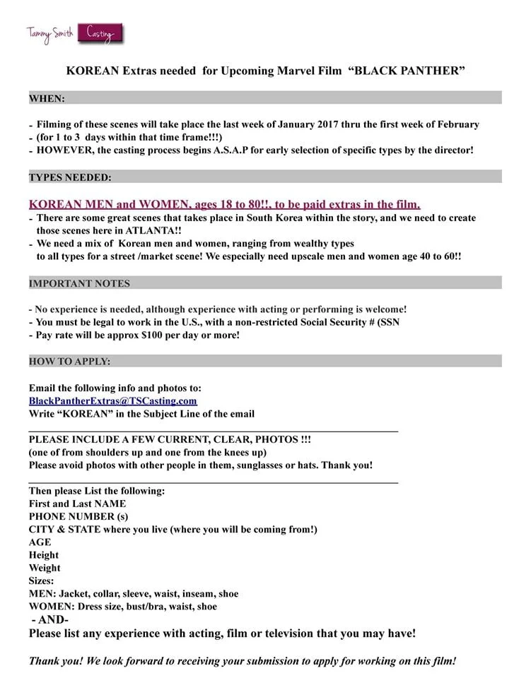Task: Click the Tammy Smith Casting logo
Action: [x=71, y=33]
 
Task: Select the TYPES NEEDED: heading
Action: [x=70, y=177]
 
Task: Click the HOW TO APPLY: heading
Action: [x=69, y=362]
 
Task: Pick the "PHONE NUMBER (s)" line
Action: [x=78, y=516]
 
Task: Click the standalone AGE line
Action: [x=40, y=542]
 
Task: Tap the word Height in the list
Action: [x=44, y=555]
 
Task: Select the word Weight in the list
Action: [x=45, y=568]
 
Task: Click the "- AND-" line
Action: [x=50, y=619]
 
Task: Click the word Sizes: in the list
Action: [x=42, y=581]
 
